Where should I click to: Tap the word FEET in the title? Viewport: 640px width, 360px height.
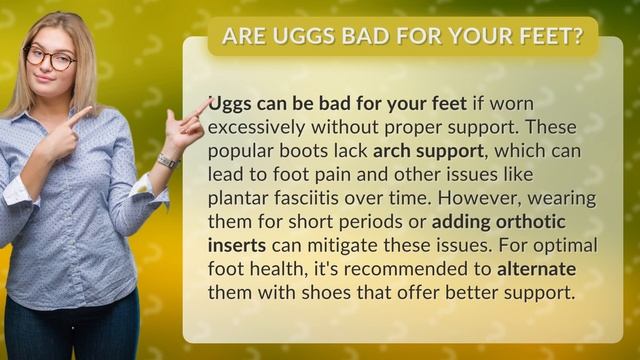[544, 37]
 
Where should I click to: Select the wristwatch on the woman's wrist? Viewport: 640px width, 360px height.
[167, 161]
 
